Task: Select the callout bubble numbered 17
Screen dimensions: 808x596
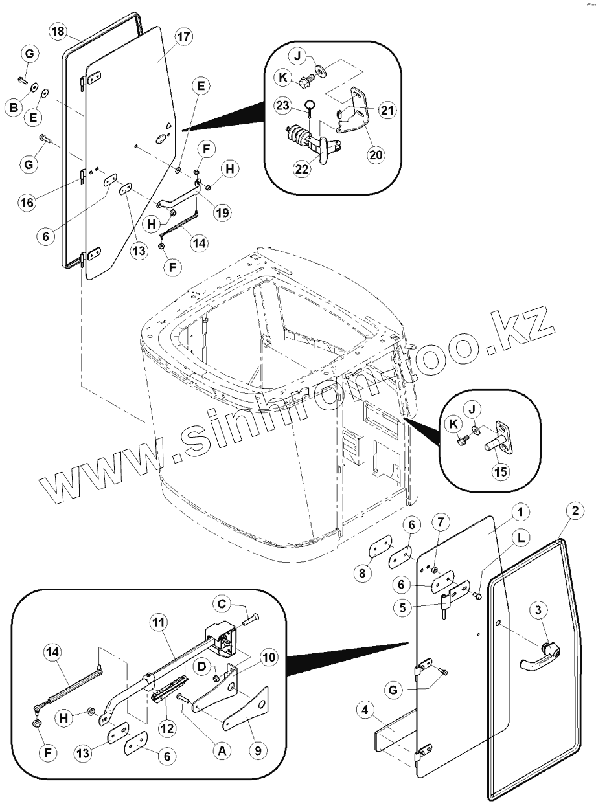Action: point(183,37)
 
